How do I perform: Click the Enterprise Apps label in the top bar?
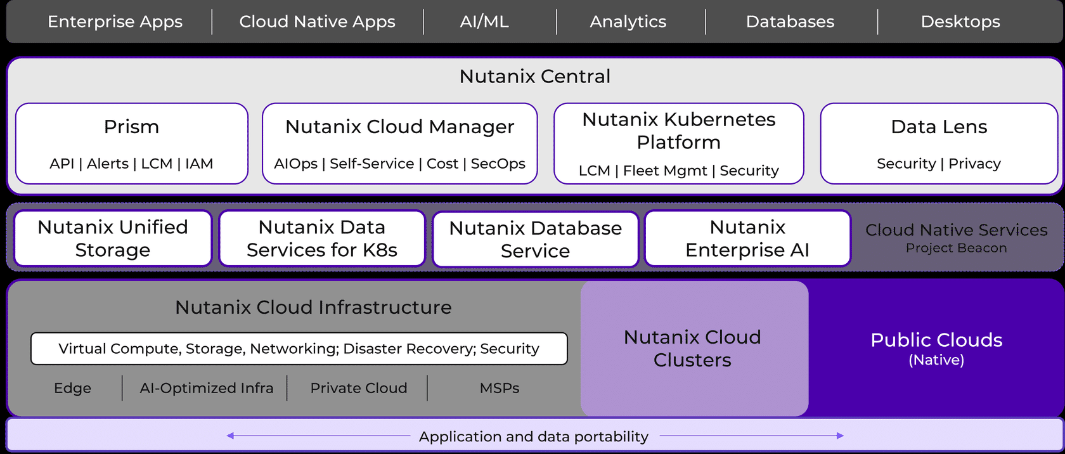[115, 22]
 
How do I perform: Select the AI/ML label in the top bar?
[484, 22]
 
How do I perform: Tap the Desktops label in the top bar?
[960, 22]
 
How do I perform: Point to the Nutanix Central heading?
[534, 76]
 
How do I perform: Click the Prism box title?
[131, 127]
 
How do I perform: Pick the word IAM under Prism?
[199, 164]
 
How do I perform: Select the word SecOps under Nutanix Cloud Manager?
[498, 164]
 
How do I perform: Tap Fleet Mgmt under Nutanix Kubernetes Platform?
[665, 171]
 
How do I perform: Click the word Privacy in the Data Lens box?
[974, 164]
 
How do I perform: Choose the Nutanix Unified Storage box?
[113, 238]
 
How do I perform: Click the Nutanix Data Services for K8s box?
[322, 238]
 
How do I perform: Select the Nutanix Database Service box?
[535, 239]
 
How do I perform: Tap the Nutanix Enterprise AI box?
[747, 238]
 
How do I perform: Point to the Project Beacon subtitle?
[956, 248]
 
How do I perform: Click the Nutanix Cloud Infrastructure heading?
[313, 308]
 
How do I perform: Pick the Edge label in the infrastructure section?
[72, 388]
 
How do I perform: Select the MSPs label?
[500, 388]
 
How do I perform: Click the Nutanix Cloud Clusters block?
[693, 349]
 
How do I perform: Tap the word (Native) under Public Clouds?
[936, 360]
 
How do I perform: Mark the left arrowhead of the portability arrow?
[231, 436]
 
